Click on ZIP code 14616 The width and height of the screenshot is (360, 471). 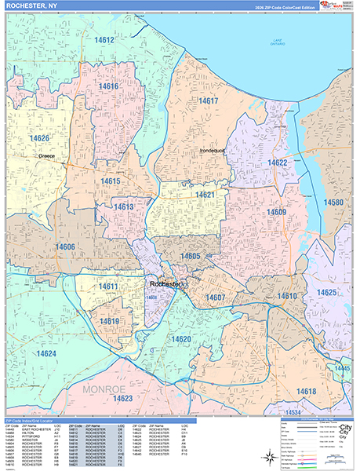click(109, 86)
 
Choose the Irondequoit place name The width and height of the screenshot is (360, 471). click(212, 149)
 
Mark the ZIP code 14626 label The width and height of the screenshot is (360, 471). click(40, 138)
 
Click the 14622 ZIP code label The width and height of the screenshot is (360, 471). click(277, 162)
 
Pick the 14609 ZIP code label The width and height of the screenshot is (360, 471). click(275, 212)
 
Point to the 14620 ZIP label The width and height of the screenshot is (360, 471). click(182, 339)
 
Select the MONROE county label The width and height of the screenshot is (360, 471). click(99, 388)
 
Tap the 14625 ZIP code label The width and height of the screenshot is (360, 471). click(326, 292)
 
